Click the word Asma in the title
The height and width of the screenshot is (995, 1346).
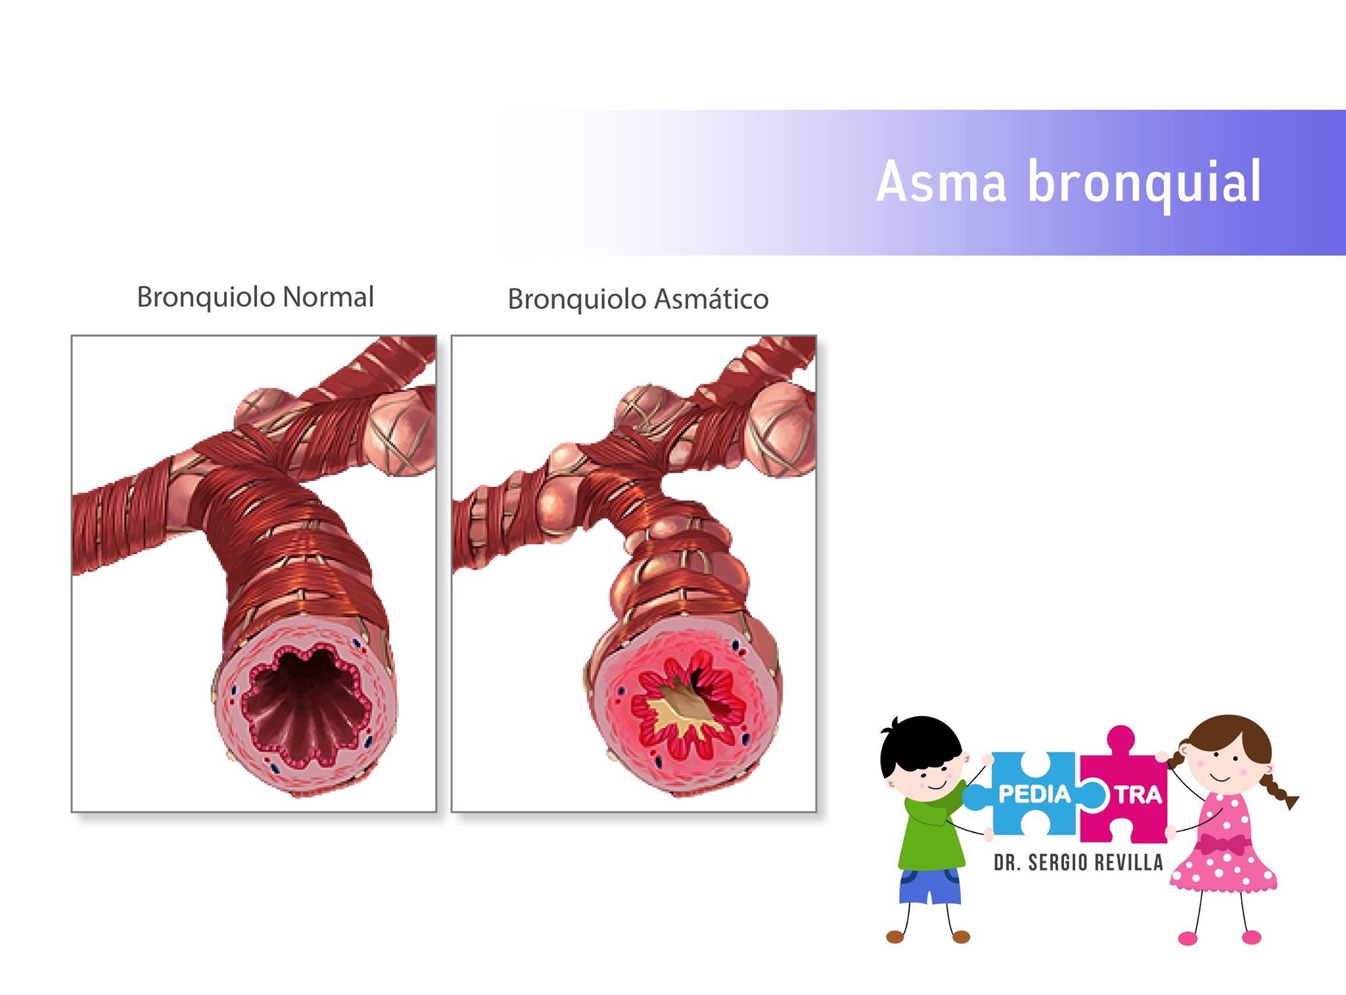click(941, 181)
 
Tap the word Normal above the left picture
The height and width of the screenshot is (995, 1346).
click(328, 297)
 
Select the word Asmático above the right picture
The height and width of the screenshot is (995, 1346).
click(712, 300)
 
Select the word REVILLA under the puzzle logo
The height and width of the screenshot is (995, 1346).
click(1128, 862)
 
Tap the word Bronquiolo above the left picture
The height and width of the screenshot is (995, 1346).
click(206, 297)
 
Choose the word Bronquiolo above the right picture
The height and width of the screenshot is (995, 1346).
click(577, 300)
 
